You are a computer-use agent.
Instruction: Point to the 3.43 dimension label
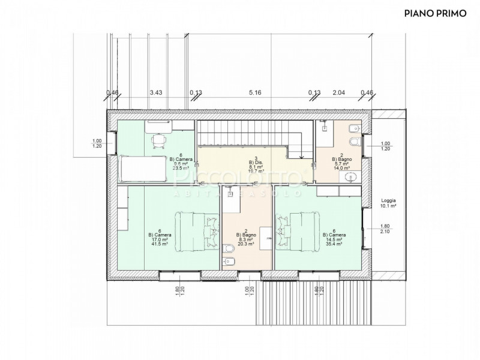coord(155,92)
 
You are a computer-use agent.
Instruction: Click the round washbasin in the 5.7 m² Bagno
coord(352,176)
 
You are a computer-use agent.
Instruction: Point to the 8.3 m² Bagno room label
coord(244,238)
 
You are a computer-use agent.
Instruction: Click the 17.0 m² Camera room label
coord(160,238)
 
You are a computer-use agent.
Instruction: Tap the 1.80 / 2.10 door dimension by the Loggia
coord(385,229)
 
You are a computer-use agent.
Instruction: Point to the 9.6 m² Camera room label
coord(177,161)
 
